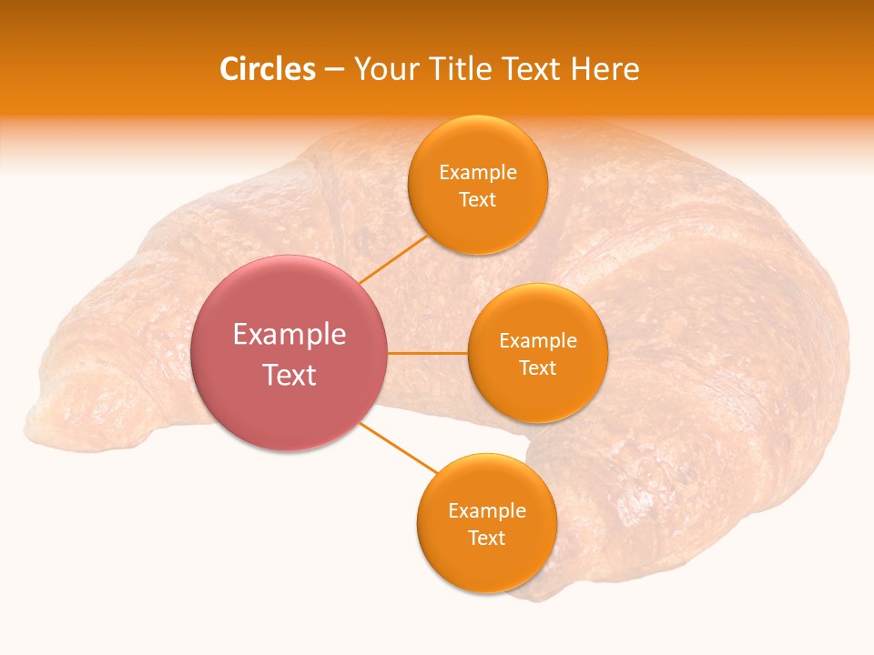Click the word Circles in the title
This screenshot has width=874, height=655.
click(x=268, y=69)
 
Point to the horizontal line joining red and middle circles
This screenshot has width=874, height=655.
click(x=428, y=353)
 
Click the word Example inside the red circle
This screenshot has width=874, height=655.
click(x=290, y=335)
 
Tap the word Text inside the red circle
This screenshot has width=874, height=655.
click(x=290, y=375)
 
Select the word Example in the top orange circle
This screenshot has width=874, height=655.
click(x=477, y=173)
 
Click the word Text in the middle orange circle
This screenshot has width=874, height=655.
click(x=537, y=368)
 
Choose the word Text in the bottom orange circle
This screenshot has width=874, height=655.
click(x=486, y=539)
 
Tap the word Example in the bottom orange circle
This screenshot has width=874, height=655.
click(x=486, y=511)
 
